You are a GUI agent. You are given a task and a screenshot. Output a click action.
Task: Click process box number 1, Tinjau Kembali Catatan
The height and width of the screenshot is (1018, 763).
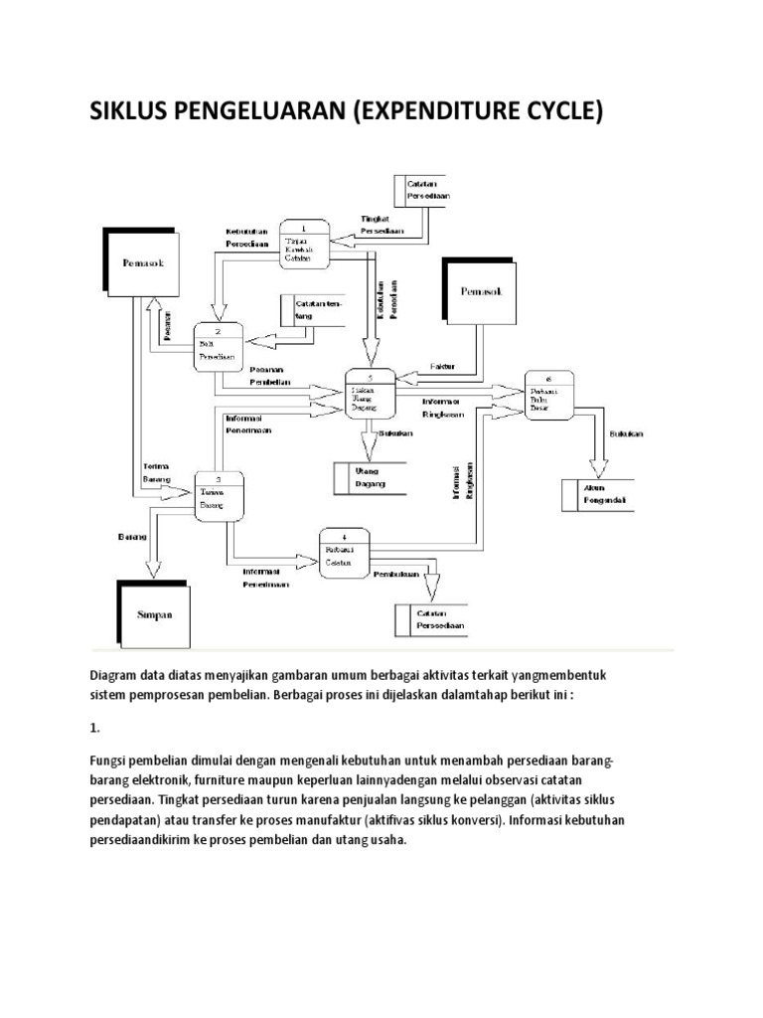[x=303, y=244]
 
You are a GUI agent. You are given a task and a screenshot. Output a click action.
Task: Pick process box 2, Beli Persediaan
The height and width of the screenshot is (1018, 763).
[x=220, y=347]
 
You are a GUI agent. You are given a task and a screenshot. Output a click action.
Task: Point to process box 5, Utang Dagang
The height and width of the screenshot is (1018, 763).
[x=370, y=394]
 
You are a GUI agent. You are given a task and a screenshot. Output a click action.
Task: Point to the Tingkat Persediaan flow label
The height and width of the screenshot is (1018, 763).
[x=381, y=224]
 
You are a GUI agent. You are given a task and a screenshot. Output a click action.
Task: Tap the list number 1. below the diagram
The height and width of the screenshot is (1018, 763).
[x=94, y=728]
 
